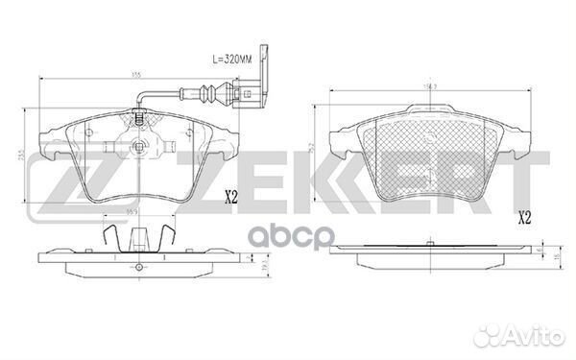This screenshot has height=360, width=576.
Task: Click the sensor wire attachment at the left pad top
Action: tap(140, 119)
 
